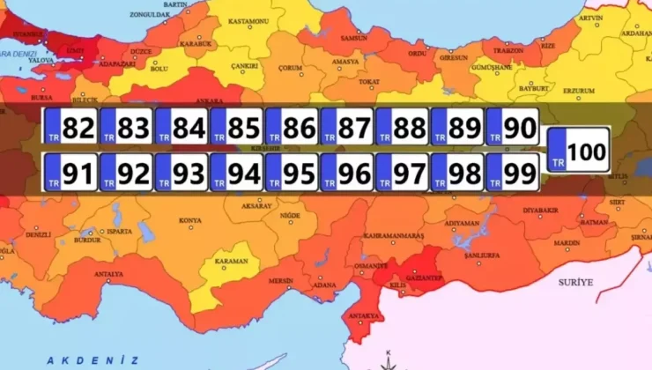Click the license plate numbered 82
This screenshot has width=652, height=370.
[70, 128]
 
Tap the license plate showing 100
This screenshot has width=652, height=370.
[578, 152]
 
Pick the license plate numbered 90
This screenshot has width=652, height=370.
[512, 128]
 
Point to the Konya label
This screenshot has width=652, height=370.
[189, 220]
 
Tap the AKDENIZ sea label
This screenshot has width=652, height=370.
[93, 359]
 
